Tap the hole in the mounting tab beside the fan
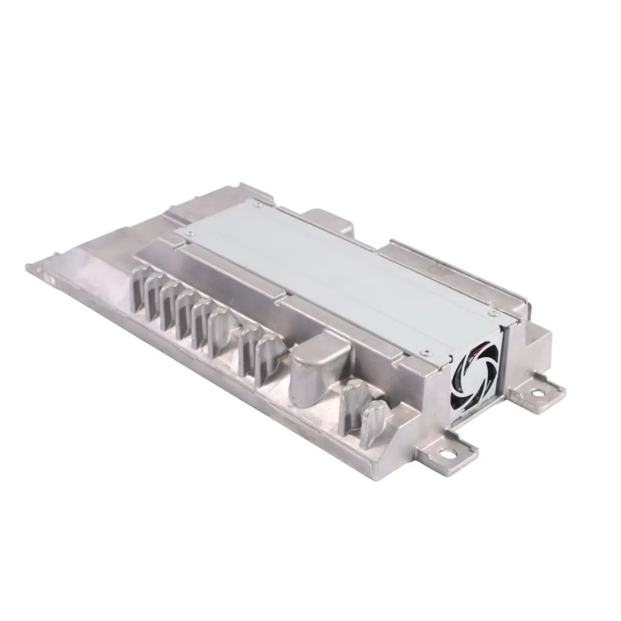pyautogui.click(x=537, y=393)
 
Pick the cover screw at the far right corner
pyautogui.click(x=493, y=312)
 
